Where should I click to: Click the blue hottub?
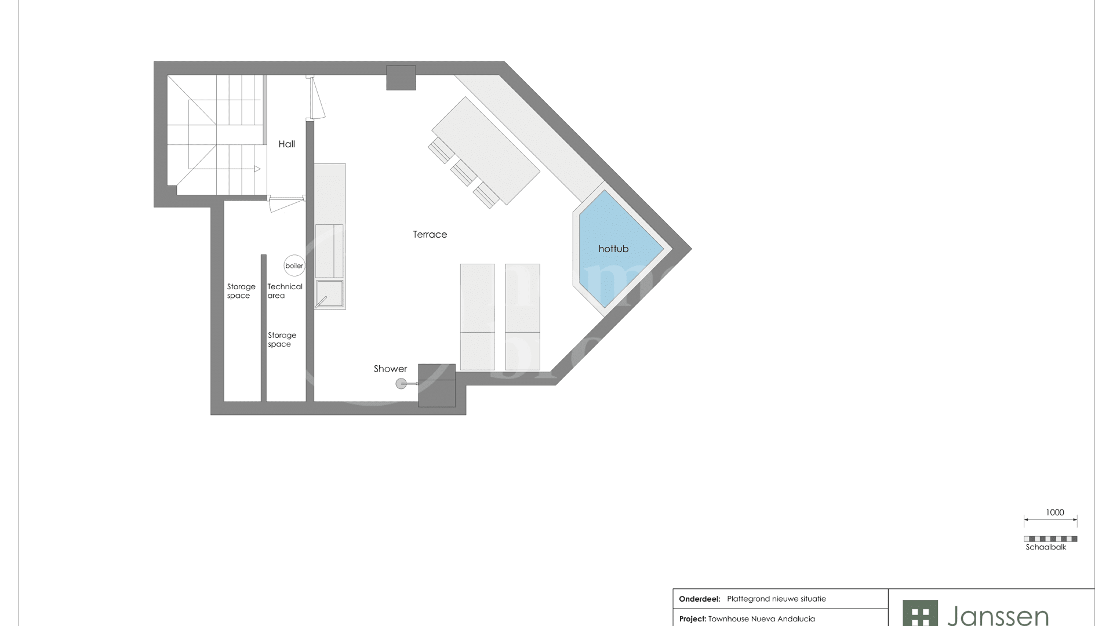click(617, 249)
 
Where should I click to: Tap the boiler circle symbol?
click(294, 265)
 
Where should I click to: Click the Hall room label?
click(287, 144)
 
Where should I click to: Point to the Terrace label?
click(430, 234)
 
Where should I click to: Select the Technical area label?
click(285, 291)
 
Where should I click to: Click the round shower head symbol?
click(401, 383)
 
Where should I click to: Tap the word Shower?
click(390, 369)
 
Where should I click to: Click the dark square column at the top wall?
click(401, 78)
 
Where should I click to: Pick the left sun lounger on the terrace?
click(478, 317)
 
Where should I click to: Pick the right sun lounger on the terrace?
click(522, 317)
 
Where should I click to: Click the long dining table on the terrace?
click(486, 151)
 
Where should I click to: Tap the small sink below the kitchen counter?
click(329, 294)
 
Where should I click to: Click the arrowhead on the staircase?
click(257, 169)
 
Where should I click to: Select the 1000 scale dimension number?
click(1055, 512)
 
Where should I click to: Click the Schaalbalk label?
click(1046, 547)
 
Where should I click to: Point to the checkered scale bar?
click(1050, 539)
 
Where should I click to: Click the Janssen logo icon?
click(920, 613)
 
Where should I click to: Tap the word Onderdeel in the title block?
click(700, 599)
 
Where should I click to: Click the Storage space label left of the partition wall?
click(241, 291)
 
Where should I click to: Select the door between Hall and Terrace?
click(316, 97)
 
